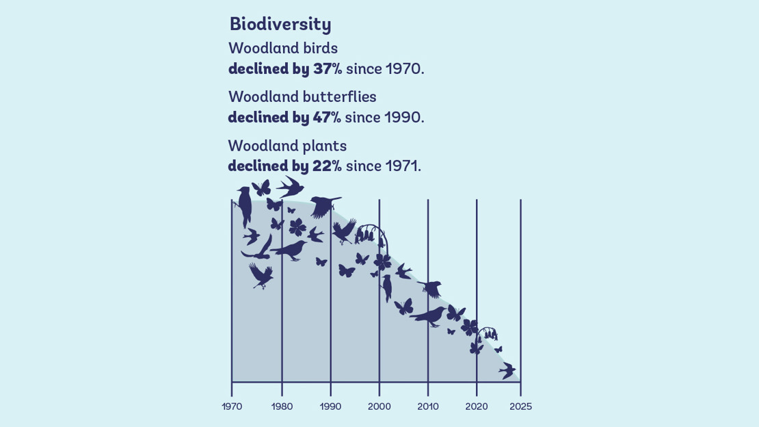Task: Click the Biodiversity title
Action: click(280, 24)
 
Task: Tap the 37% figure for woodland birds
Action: click(328, 68)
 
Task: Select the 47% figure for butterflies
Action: click(327, 117)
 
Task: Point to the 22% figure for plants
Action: click(328, 166)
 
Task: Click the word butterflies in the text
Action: click(339, 97)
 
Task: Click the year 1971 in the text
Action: click(402, 166)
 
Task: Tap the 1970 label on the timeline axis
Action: click(232, 406)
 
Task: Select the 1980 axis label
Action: click(282, 406)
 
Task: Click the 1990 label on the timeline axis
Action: click(330, 406)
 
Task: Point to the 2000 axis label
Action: click(379, 406)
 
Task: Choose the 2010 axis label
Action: click(428, 406)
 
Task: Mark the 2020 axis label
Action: click(477, 406)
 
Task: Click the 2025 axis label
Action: click(520, 406)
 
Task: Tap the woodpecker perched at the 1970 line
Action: click(244, 203)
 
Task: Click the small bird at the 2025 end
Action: click(507, 371)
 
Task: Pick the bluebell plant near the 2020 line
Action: click(487, 334)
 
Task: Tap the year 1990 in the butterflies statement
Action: click(403, 117)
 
